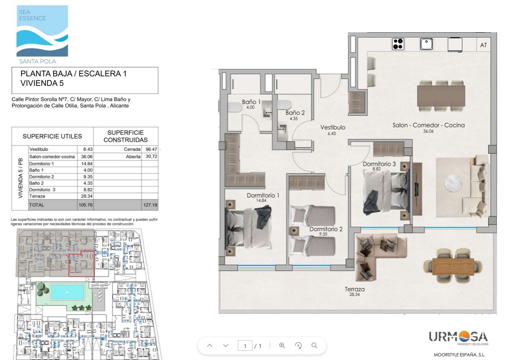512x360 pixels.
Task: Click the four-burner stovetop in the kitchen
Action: [398, 44]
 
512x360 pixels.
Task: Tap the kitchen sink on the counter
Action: [426, 44]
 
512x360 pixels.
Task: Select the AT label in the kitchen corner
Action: [483, 45]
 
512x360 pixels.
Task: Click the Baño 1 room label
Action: [251, 102]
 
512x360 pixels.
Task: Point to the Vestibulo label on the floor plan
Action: [333, 127]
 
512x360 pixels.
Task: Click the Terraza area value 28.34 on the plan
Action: [354, 294]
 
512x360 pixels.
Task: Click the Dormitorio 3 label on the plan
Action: [379, 164]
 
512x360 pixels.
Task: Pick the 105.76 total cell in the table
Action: [85, 205]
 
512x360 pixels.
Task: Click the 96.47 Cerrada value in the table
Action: [151, 149]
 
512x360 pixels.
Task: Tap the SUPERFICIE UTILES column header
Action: [52, 136]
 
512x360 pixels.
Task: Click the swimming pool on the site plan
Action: [67, 292]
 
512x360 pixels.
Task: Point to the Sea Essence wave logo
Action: [42, 31]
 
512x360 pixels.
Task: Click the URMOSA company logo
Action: [458, 337]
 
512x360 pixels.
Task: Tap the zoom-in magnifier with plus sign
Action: [282, 345]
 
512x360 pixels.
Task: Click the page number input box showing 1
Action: [245, 345]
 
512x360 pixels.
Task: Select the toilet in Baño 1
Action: [235, 107]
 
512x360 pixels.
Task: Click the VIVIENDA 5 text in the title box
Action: [42, 83]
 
